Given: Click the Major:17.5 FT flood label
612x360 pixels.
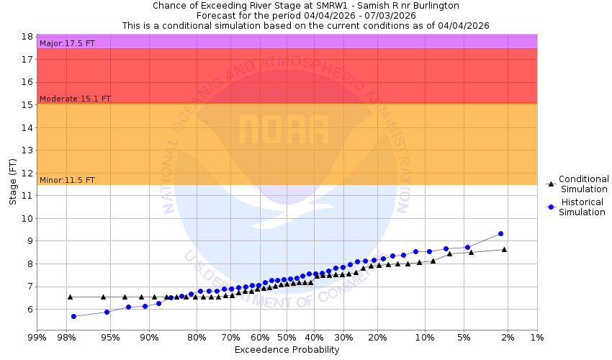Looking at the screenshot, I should (x=67, y=43).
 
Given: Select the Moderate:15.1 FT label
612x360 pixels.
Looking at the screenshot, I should (x=75, y=99).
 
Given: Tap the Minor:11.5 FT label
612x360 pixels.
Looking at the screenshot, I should (x=67, y=180).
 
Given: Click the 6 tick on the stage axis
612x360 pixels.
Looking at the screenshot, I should (x=30, y=310).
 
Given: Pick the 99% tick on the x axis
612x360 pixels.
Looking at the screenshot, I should (x=37, y=338).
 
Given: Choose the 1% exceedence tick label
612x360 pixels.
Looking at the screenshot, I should (x=537, y=338).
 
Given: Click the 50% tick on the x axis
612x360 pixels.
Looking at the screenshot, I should (x=287, y=338).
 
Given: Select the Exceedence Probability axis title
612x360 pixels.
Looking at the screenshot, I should (x=287, y=350).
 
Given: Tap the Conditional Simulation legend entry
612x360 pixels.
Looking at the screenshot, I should (x=583, y=184).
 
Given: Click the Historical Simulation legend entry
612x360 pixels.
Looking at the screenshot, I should (x=583, y=207).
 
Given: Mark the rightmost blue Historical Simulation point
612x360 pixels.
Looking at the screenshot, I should (x=500, y=233).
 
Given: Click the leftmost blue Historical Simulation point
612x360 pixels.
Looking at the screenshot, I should (x=73, y=316).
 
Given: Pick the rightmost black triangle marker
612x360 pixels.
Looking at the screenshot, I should (x=504, y=249).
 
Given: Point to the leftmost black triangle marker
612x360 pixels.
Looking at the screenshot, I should (x=70, y=297).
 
